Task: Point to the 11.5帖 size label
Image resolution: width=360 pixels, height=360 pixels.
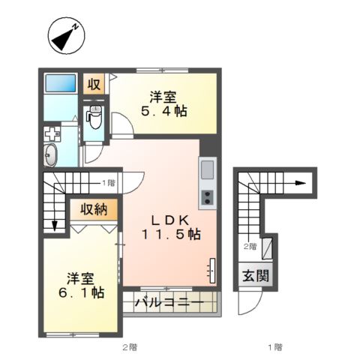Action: pos(172,234)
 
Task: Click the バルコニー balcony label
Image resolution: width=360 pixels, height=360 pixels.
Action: pos(169,304)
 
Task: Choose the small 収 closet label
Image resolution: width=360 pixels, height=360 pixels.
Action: pos(94,84)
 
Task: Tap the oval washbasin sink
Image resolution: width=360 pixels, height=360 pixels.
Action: pos(51,157)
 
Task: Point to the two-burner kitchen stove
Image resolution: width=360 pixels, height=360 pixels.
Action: pos(206,199)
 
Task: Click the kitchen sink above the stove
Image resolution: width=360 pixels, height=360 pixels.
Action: pos(206,172)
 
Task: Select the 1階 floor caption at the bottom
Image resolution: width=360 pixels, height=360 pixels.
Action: pos(274,346)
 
